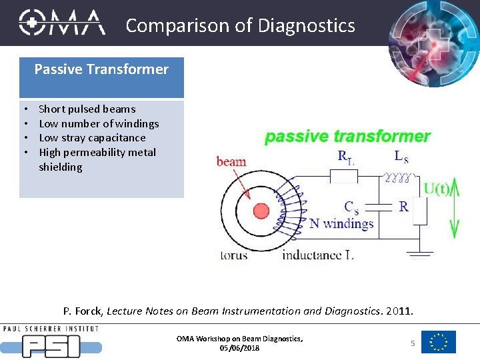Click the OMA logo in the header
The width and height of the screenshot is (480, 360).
[x=61, y=23]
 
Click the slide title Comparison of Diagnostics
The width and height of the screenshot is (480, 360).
[x=240, y=25]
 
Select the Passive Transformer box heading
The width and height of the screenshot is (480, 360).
[x=101, y=69]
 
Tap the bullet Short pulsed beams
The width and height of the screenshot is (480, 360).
[x=87, y=109]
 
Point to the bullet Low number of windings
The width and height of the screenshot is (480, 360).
[x=99, y=123]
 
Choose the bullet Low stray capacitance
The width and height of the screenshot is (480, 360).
[x=92, y=138]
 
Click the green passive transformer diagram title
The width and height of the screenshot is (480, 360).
[x=347, y=137]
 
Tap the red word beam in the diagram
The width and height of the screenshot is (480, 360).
[x=231, y=161]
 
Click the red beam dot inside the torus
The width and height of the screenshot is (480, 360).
[x=261, y=211]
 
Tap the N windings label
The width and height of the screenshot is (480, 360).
[x=341, y=223]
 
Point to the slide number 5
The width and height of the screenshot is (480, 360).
[x=413, y=343]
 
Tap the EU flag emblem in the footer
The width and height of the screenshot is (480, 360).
[x=439, y=342]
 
